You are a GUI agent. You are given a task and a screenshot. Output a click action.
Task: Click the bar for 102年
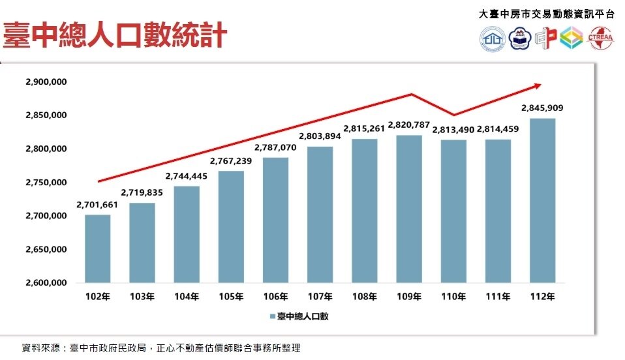point(97,248)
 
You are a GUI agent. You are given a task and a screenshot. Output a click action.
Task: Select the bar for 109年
point(408,209)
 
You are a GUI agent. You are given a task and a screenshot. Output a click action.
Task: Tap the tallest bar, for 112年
point(542,200)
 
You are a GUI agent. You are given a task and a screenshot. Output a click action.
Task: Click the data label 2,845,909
point(542,108)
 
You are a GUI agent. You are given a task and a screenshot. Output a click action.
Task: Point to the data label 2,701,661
point(97,205)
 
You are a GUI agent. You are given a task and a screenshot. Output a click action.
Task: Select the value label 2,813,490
point(453,130)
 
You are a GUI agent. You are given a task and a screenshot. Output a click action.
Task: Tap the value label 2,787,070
point(275,147)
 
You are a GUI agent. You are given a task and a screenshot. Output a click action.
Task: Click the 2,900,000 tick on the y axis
point(46,82)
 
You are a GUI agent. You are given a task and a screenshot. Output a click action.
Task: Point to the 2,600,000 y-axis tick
point(46,283)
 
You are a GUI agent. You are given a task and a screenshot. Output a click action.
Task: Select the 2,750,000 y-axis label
point(46,183)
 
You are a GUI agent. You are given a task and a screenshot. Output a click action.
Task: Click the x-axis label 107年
point(319,297)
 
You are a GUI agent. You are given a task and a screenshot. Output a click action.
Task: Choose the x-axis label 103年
point(142,297)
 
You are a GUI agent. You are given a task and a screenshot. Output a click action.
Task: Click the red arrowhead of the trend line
point(537,85)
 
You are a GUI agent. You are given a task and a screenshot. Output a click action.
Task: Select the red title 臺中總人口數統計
point(114,35)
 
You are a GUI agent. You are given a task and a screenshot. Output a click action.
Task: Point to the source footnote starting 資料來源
point(160,348)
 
